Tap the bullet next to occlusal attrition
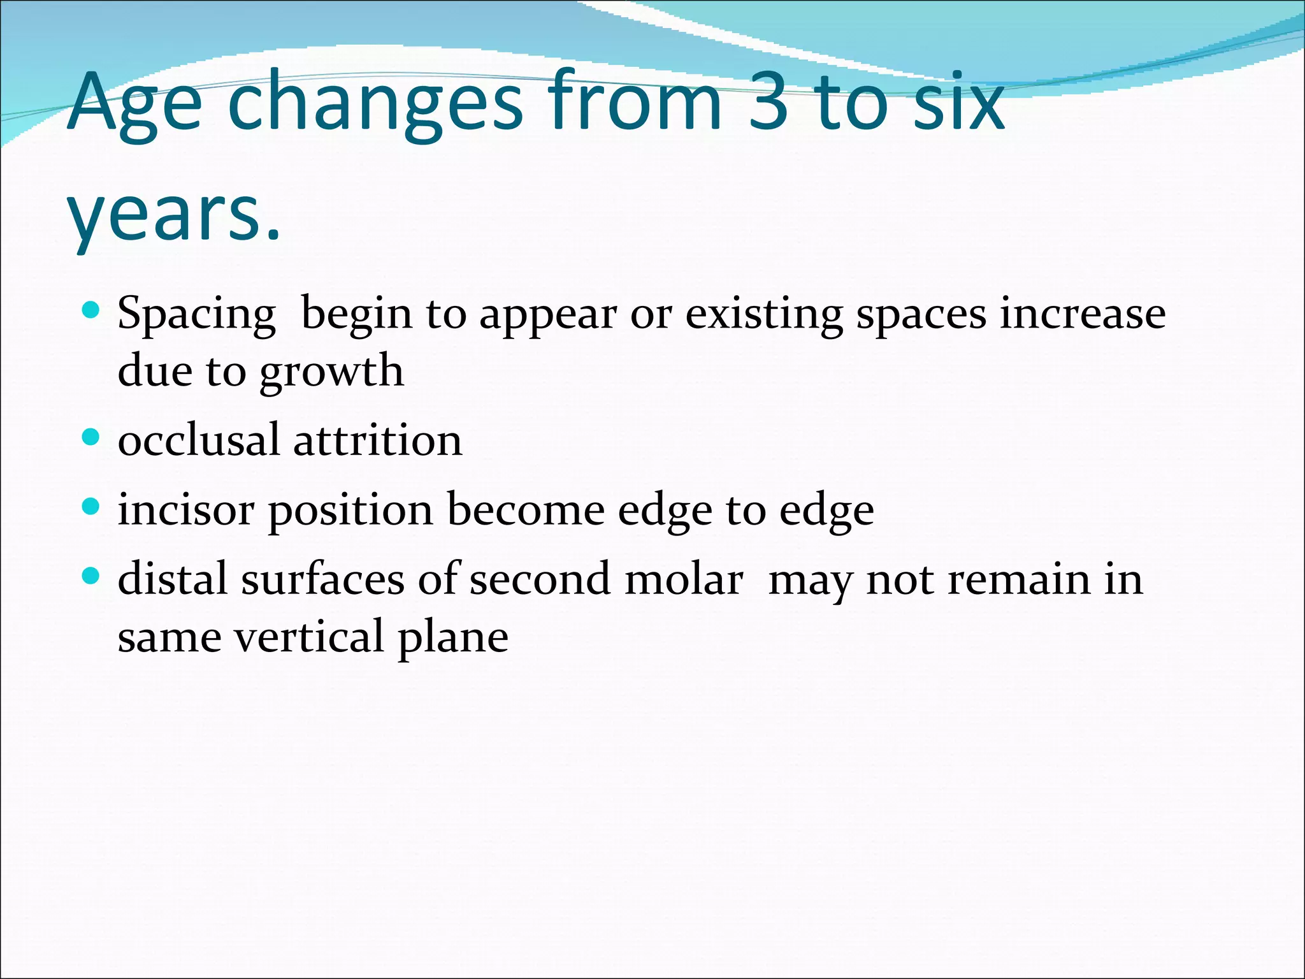92,437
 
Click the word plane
453,637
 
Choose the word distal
173,579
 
